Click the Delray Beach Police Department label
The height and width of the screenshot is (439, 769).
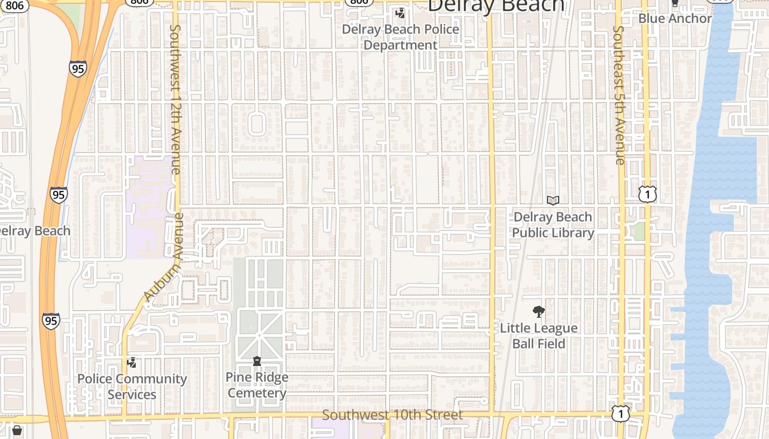(x=400, y=37)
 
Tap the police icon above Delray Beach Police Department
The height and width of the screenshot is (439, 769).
(x=401, y=13)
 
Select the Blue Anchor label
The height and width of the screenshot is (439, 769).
(x=675, y=18)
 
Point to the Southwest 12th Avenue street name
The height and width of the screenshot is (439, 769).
(x=175, y=99)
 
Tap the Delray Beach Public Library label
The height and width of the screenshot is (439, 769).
(x=553, y=224)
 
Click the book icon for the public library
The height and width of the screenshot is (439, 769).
(x=553, y=201)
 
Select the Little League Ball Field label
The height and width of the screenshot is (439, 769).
(x=538, y=335)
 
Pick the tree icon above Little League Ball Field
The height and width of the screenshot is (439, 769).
(x=539, y=312)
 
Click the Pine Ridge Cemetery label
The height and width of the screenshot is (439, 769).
(x=257, y=385)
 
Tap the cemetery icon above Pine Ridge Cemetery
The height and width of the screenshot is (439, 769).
(x=257, y=361)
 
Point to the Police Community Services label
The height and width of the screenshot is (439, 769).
(x=132, y=386)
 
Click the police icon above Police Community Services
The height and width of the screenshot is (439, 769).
(x=131, y=362)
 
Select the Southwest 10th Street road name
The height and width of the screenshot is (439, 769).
(x=392, y=415)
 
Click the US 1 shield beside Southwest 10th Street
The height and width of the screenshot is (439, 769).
(x=621, y=414)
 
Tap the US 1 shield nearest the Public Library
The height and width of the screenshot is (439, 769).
(x=648, y=194)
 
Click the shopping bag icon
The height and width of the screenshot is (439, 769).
(x=17, y=431)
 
